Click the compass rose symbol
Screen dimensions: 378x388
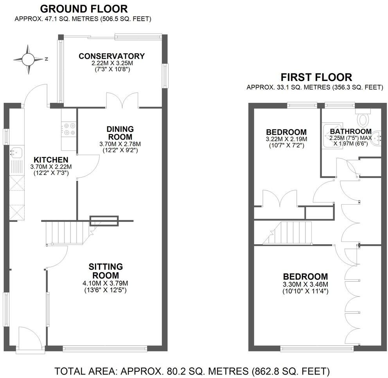tap(28, 59)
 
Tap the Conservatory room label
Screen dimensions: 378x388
tap(111, 56)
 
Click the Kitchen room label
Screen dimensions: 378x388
tap(51, 160)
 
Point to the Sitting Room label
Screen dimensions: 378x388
tap(106, 271)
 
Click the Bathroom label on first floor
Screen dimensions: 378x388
tap(350, 131)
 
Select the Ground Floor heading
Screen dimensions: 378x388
tap(84, 9)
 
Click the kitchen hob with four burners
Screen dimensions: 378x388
tap(69, 129)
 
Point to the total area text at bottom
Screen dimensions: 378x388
tap(192, 370)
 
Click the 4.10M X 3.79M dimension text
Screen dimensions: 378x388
tap(106, 283)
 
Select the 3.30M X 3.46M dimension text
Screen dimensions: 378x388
tap(305, 284)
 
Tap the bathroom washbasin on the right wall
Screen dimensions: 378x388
tap(377, 137)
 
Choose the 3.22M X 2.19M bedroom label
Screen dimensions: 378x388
tap(286, 139)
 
